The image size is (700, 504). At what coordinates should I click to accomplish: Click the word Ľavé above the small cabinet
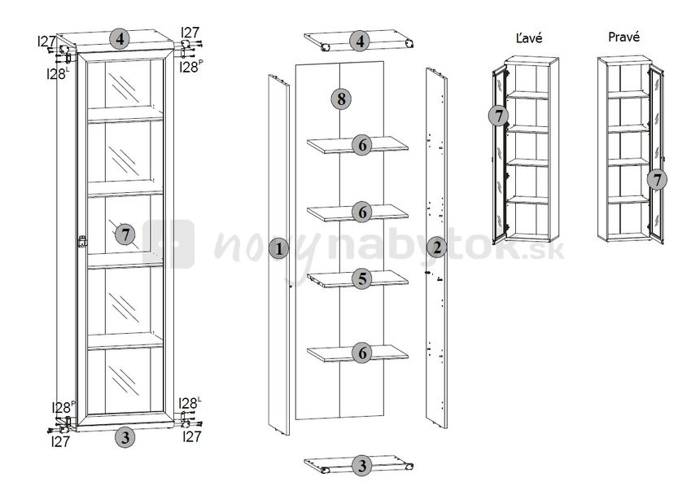pos(528,37)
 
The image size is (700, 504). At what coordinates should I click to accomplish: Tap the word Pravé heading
pos(623,37)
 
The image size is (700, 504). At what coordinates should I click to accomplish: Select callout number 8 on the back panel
pos(341,99)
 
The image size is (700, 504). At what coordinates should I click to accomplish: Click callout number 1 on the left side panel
pos(279,248)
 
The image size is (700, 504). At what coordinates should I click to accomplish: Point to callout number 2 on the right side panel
pos(436,248)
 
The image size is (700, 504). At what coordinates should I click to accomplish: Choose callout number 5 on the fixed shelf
pos(362,278)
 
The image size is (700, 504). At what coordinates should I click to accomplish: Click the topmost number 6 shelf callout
pos(362,145)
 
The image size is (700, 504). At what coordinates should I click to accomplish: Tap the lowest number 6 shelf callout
pos(362,353)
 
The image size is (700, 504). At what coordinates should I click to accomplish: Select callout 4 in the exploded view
pos(360,41)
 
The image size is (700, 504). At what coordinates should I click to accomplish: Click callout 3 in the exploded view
pos(361,466)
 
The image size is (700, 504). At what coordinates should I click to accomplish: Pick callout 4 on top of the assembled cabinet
pos(120,39)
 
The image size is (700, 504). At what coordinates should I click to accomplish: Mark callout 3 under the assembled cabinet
pos(125,437)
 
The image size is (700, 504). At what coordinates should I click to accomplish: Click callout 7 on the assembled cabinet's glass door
pos(125,234)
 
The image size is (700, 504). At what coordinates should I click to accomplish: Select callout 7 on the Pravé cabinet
pos(657,180)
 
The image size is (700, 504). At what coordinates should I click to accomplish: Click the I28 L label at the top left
pos(58,73)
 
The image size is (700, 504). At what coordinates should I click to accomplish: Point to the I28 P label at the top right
pos(191,67)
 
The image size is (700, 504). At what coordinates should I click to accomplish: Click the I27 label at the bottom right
pos(192,436)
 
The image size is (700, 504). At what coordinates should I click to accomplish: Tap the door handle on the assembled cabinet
pos(81,242)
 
